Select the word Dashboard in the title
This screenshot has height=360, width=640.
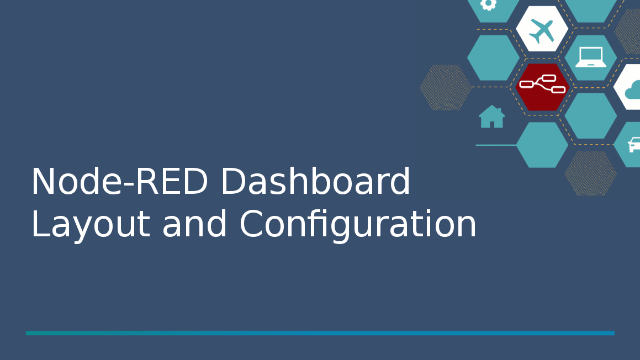(x=315, y=181)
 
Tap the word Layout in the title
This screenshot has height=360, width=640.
(x=91, y=225)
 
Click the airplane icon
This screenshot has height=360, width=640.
(x=542, y=30)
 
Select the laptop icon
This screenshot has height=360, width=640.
(x=591, y=57)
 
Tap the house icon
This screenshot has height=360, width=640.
(x=492, y=117)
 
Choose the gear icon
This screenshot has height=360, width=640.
(x=489, y=4)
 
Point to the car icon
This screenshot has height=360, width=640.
(x=634, y=145)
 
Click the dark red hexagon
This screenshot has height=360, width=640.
(x=542, y=87)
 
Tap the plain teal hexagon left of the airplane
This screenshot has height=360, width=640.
(x=493, y=58)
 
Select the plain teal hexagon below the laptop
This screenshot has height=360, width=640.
(x=591, y=116)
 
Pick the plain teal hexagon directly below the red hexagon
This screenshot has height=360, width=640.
(x=542, y=145)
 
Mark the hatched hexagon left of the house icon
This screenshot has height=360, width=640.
(x=445, y=87)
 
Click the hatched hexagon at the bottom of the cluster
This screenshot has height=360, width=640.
(x=591, y=173)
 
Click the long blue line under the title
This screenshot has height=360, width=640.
(x=320, y=333)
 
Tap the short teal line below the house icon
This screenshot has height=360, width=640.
(x=496, y=145)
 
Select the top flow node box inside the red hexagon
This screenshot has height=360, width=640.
(x=549, y=78)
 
